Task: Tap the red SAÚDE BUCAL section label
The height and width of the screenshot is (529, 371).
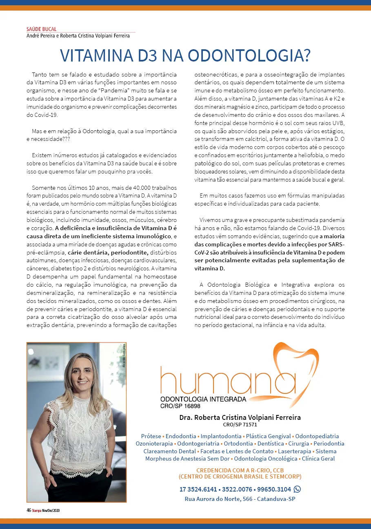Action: point(41,29)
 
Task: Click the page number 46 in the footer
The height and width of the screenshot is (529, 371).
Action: point(29,510)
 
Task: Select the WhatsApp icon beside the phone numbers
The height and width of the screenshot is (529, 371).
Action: point(297,489)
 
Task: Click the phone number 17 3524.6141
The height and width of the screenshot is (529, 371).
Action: point(198,489)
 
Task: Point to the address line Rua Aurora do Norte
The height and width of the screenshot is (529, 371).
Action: point(240,499)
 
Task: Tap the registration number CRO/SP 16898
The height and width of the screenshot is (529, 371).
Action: point(180,406)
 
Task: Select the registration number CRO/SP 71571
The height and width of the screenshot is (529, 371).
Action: point(240,424)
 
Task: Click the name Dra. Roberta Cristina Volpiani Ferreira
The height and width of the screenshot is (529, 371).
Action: point(240,417)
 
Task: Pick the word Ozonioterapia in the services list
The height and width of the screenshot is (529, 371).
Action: point(154,443)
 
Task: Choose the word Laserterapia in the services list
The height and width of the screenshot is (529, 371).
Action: point(294,451)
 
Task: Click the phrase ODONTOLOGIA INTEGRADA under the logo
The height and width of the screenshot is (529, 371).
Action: point(203,399)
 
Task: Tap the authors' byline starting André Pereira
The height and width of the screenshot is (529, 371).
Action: point(78,35)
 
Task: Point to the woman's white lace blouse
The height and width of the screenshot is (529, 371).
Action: point(77,432)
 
